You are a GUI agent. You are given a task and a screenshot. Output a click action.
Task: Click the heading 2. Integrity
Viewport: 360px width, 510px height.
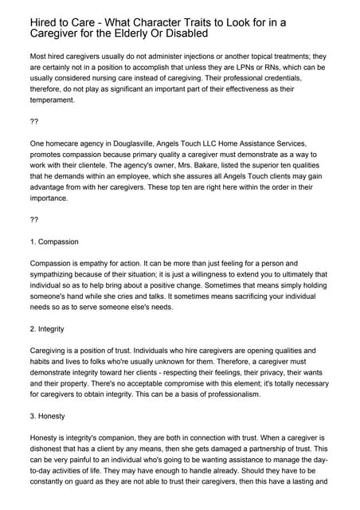coord(47,329)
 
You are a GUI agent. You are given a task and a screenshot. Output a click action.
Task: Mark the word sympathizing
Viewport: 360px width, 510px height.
coord(59,273)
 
